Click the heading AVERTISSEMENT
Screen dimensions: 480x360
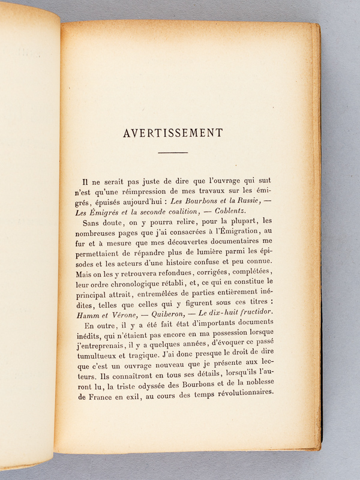[173, 133]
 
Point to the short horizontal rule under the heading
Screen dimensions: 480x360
[173, 153]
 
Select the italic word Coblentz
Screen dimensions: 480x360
[248, 206]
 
